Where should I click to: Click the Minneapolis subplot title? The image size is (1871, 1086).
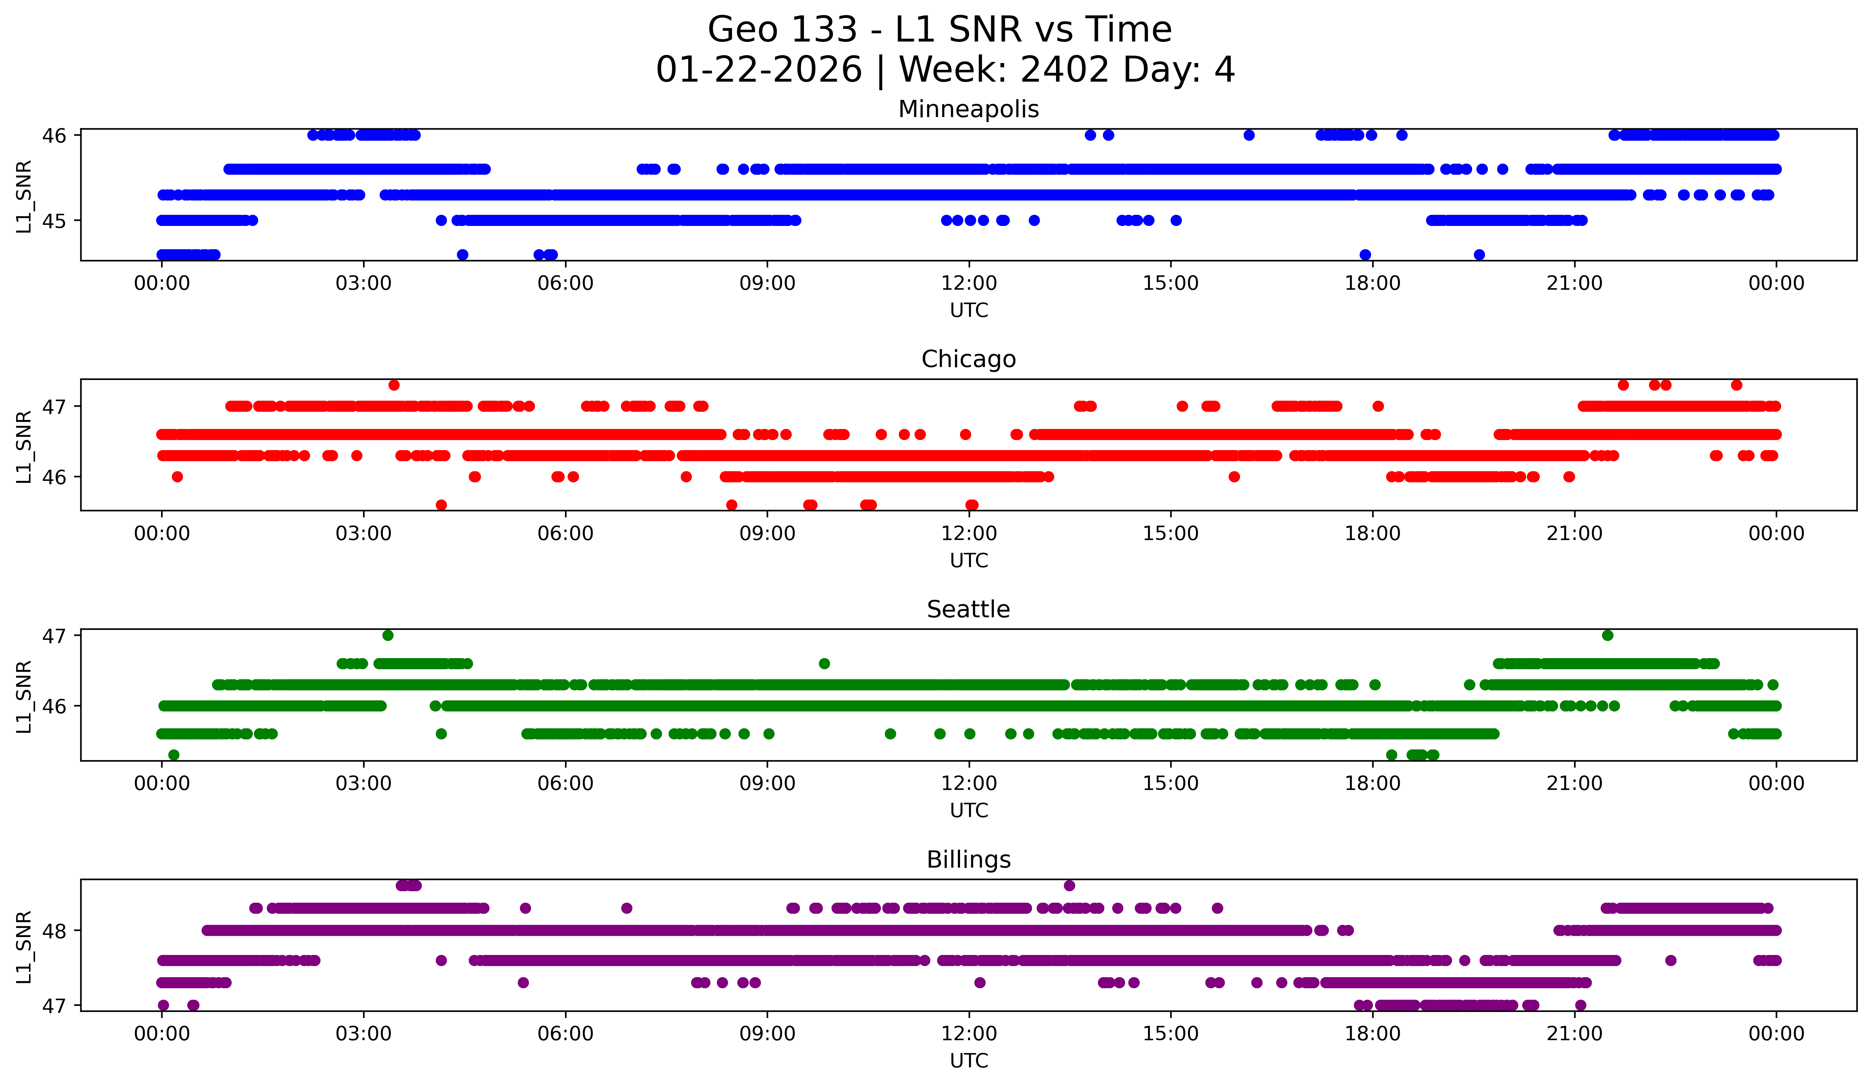click(968, 109)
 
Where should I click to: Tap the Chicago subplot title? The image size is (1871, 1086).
click(968, 359)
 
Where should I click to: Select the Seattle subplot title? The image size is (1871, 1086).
click(968, 609)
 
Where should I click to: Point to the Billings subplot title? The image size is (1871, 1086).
click(968, 860)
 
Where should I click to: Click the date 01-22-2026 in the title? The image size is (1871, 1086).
click(759, 70)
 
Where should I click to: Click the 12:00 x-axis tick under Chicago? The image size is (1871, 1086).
click(969, 533)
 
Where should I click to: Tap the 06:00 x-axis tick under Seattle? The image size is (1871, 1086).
click(566, 783)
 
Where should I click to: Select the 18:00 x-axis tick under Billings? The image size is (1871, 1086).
click(1372, 1033)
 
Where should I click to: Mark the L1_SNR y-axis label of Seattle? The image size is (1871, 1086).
click(24, 696)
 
